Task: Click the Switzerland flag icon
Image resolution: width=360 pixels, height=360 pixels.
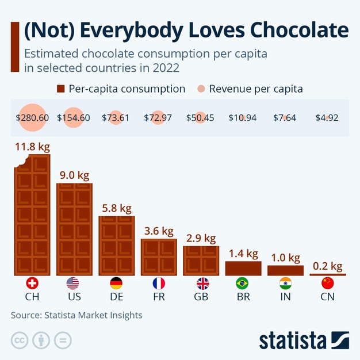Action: click(x=32, y=283)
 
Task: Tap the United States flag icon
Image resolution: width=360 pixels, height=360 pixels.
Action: click(x=73, y=283)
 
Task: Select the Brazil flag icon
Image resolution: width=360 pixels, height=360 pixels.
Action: click(x=242, y=283)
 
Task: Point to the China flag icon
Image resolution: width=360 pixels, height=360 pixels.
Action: click(x=327, y=283)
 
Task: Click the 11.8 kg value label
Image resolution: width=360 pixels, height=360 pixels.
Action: click(x=32, y=147)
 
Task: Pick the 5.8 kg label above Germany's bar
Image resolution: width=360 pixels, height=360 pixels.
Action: click(x=117, y=208)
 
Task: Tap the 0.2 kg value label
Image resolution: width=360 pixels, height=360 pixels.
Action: click(x=327, y=266)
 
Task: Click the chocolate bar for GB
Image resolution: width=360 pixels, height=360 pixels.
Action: click(x=201, y=260)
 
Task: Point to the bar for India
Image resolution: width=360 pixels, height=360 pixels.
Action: click(x=285, y=270)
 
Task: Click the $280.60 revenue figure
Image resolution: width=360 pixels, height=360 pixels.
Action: click(x=32, y=118)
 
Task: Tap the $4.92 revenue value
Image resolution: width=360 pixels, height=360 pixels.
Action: click(x=327, y=118)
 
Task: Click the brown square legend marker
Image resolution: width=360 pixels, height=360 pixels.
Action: click(x=60, y=89)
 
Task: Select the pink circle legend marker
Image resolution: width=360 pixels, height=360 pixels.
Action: click(x=201, y=89)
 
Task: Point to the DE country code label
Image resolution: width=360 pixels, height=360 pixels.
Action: click(x=116, y=297)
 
